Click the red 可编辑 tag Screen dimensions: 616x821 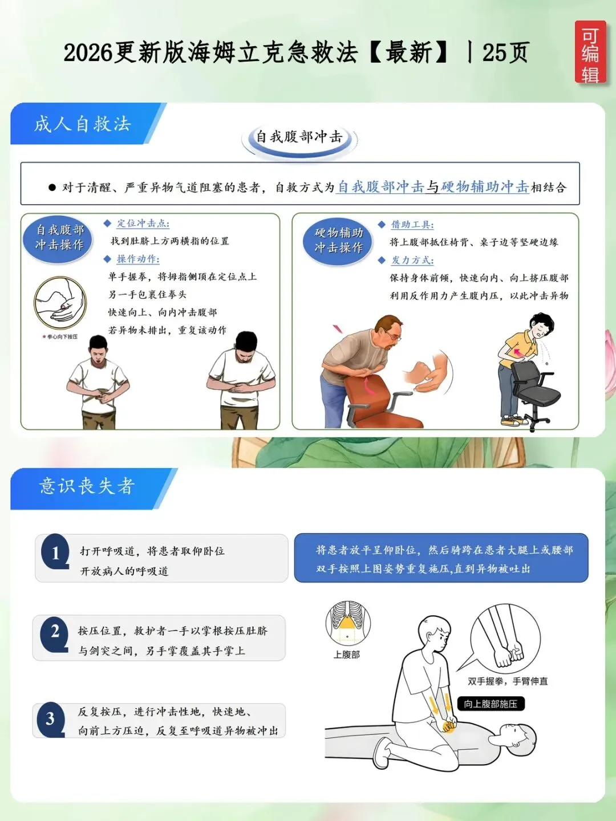pyautogui.click(x=590, y=52)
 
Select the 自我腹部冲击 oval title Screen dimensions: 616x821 pyautogui.click(x=299, y=137)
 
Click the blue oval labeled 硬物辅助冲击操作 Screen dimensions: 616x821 pyautogui.click(x=338, y=241)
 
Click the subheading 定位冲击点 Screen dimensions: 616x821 pyautogui.click(x=143, y=223)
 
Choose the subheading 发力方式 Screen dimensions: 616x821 pyautogui.click(x=412, y=260)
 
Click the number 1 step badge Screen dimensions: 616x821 pyautogui.click(x=55, y=552)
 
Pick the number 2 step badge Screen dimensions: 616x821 pyautogui.click(x=55, y=633)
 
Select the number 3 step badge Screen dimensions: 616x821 pyautogui.click(x=51, y=719)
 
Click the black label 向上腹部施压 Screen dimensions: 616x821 pyautogui.click(x=491, y=704)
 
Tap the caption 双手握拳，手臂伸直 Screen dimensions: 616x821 pyautogui.click(x=508, y=681)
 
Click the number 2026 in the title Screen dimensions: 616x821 pyautogui.click(x=88, y=52)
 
